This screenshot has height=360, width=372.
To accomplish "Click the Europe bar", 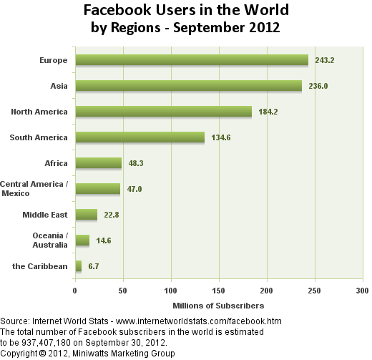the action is tap(192, 60).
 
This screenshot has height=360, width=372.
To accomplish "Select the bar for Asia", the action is tap(189, 86).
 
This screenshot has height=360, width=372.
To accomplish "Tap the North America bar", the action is tap(164, 112).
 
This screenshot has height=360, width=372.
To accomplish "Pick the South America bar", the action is tap(140, 137).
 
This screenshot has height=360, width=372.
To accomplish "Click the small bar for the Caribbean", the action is tap(79, 266).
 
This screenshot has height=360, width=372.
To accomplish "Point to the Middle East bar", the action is tap(87, 215).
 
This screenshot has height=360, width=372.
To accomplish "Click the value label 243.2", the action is tap(325, 60).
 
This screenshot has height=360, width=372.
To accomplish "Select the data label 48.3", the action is tap(136, 163).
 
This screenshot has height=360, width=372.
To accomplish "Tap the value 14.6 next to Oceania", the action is tap(104, 240).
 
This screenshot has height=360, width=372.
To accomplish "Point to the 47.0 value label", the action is tap(134, 189).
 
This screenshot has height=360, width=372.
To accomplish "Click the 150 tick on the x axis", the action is tap(218, 291).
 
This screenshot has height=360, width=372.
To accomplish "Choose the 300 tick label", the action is tap(362, 291).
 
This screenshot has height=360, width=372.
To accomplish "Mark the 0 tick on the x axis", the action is tap(75, 291).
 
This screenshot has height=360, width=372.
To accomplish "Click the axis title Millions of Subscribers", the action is tap(218, 306).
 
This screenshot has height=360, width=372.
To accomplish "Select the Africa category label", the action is tap(56, 163).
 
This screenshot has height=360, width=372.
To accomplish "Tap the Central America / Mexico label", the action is tap(34, 188).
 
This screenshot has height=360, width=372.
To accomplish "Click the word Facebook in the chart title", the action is tap(117, 10).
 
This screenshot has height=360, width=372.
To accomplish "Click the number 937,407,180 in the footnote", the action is tap(46, 343).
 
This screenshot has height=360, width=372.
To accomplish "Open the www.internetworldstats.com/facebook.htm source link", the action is tap(199, 321).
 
